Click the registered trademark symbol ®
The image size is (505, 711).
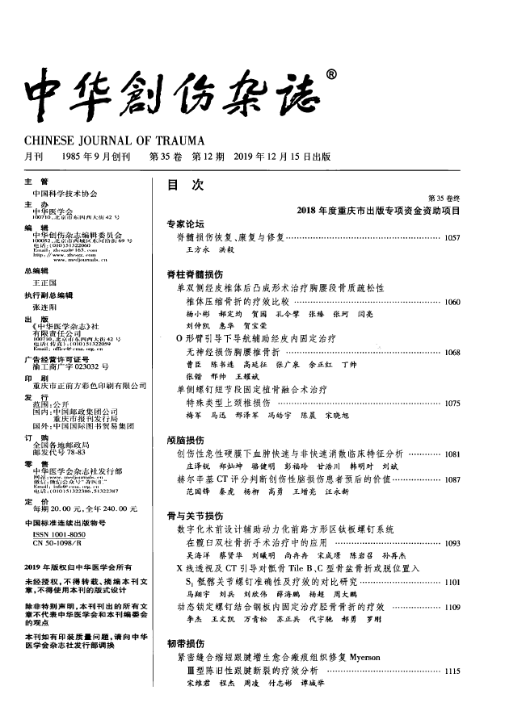point(330,75)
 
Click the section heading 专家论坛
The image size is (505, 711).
point(185,224)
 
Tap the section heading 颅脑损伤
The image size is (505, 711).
point(185,440)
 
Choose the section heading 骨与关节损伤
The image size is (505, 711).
point(190,515)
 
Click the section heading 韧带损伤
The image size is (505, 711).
point(185,643)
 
